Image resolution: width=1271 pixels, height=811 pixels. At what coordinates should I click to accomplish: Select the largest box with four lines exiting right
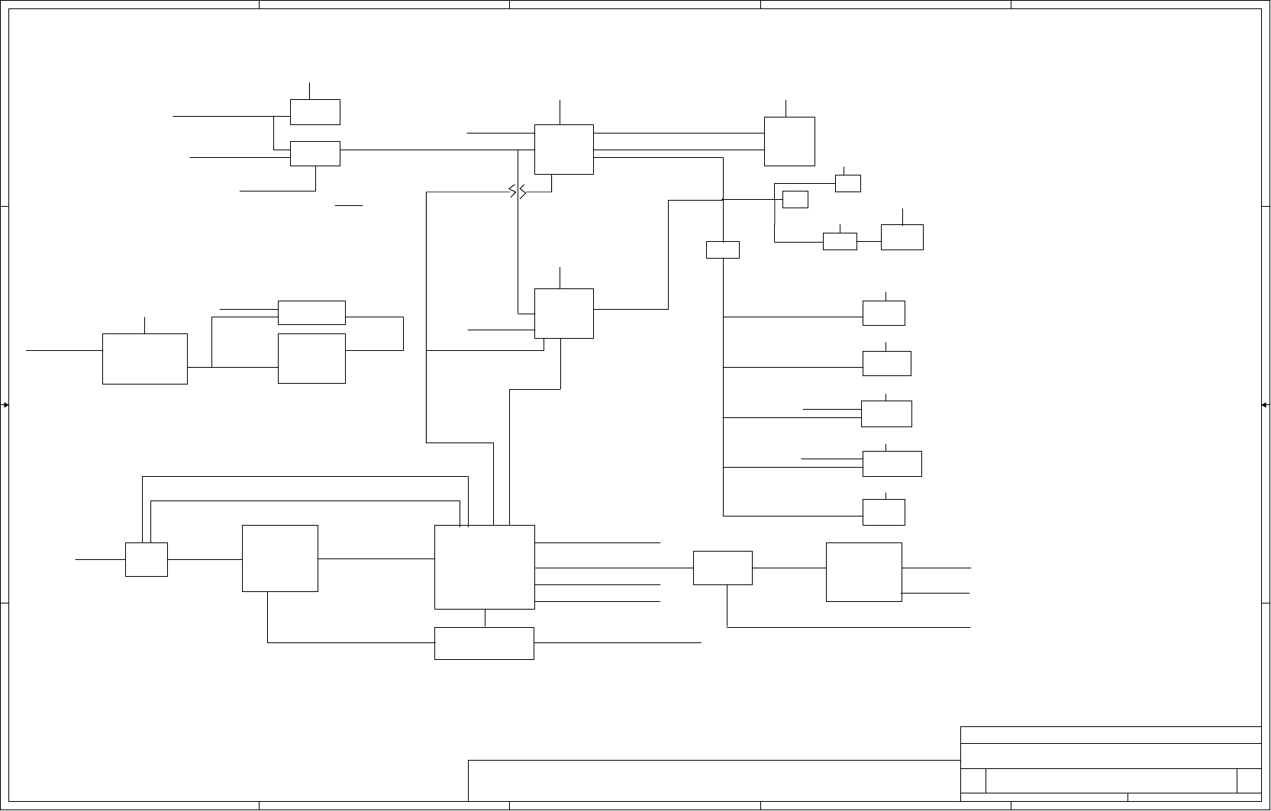(x=484, y=567)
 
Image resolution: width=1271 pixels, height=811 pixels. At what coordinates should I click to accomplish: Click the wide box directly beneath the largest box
(x=484, y=643)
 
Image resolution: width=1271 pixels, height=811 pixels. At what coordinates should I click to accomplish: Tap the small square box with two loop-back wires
(x=146, y=559)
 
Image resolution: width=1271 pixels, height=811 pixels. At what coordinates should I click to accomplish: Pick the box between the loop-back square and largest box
(x=279, y=558)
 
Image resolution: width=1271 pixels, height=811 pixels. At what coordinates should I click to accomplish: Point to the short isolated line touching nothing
(x=348, y=205)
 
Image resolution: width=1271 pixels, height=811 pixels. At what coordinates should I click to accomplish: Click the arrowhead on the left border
(x=5, y=405)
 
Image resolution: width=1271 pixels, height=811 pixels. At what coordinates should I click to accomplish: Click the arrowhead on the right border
(x=1266, y=405)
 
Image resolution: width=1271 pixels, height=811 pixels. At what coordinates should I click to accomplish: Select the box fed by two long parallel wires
(x=789, y=141)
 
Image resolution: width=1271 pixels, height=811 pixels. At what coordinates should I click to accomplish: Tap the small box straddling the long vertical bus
(x=722, y=249)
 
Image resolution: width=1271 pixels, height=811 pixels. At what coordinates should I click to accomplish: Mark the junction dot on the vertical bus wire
(x=722, y=200)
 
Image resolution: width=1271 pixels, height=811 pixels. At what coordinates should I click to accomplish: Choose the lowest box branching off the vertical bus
(x=883, y=512)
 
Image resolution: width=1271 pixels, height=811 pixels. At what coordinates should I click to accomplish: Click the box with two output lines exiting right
(x=863, y=572)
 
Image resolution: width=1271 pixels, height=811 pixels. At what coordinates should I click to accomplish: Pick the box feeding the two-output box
(x=722, y=568)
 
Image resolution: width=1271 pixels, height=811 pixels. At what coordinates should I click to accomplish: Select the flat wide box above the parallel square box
(x=311, y=312)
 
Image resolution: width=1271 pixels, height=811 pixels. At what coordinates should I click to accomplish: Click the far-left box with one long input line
(x=144, y=359)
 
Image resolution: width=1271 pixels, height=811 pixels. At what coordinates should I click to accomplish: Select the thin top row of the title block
(x=1110, y=735)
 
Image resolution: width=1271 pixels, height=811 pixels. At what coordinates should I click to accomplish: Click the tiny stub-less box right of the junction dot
(x=795, y=199)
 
